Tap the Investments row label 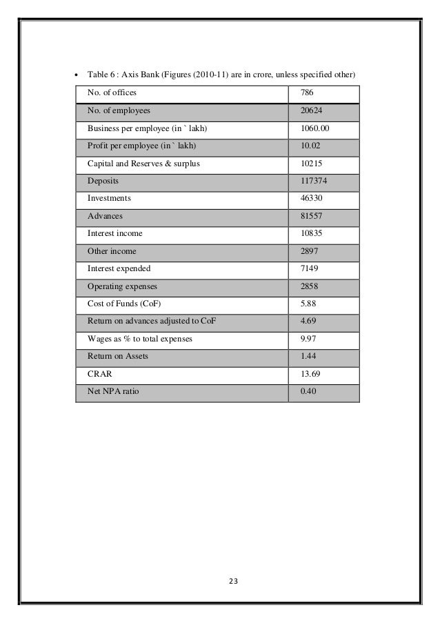[108, 198]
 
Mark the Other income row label [112, 251]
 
